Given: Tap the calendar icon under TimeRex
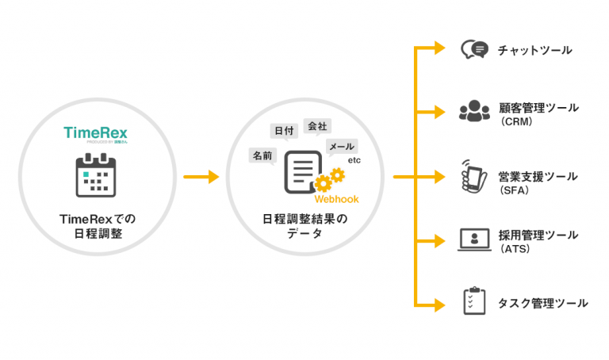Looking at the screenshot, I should coord(94,175).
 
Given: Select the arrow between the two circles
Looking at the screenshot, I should coord(201,177).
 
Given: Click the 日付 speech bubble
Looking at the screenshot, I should coord(283,130).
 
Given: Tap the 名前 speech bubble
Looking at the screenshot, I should coord(262,155).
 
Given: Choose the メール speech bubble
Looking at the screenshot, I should coord(342,147).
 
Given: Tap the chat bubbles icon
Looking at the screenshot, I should coord(474,50).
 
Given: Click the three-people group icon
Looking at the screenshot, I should coord(474,110).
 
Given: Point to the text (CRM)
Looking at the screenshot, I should coord(515,123).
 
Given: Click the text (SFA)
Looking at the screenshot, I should coord(515,190).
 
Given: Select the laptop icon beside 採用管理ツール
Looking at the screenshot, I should coord(474,239).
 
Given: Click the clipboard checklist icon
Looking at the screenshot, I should coord(474,301).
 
